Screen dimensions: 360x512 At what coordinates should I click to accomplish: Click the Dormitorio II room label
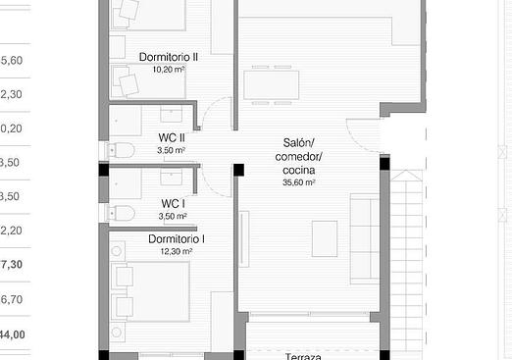click(169, 57)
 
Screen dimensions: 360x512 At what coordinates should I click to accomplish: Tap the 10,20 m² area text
click(169, 70)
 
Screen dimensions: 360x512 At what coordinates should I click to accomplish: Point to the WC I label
click(173, 203)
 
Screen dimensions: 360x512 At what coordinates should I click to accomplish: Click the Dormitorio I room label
click(176, 239)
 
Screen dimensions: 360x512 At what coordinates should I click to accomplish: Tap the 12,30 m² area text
click(176, 252)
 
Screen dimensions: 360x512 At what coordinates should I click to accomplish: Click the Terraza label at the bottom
click(304, 357)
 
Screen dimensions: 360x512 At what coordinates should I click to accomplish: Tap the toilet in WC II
click(122, 150)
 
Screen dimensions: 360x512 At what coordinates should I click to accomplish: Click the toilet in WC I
click(122, 213)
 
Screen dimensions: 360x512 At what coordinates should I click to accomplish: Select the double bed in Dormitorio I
click(153, 289)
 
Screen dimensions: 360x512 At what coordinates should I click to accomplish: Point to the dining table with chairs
click(271, 83)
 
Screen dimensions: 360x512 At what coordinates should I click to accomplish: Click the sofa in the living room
click(365, 237)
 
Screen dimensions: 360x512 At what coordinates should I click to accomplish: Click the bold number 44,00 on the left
click(12, 334)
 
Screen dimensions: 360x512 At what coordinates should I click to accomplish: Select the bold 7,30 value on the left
click(12, 264)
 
